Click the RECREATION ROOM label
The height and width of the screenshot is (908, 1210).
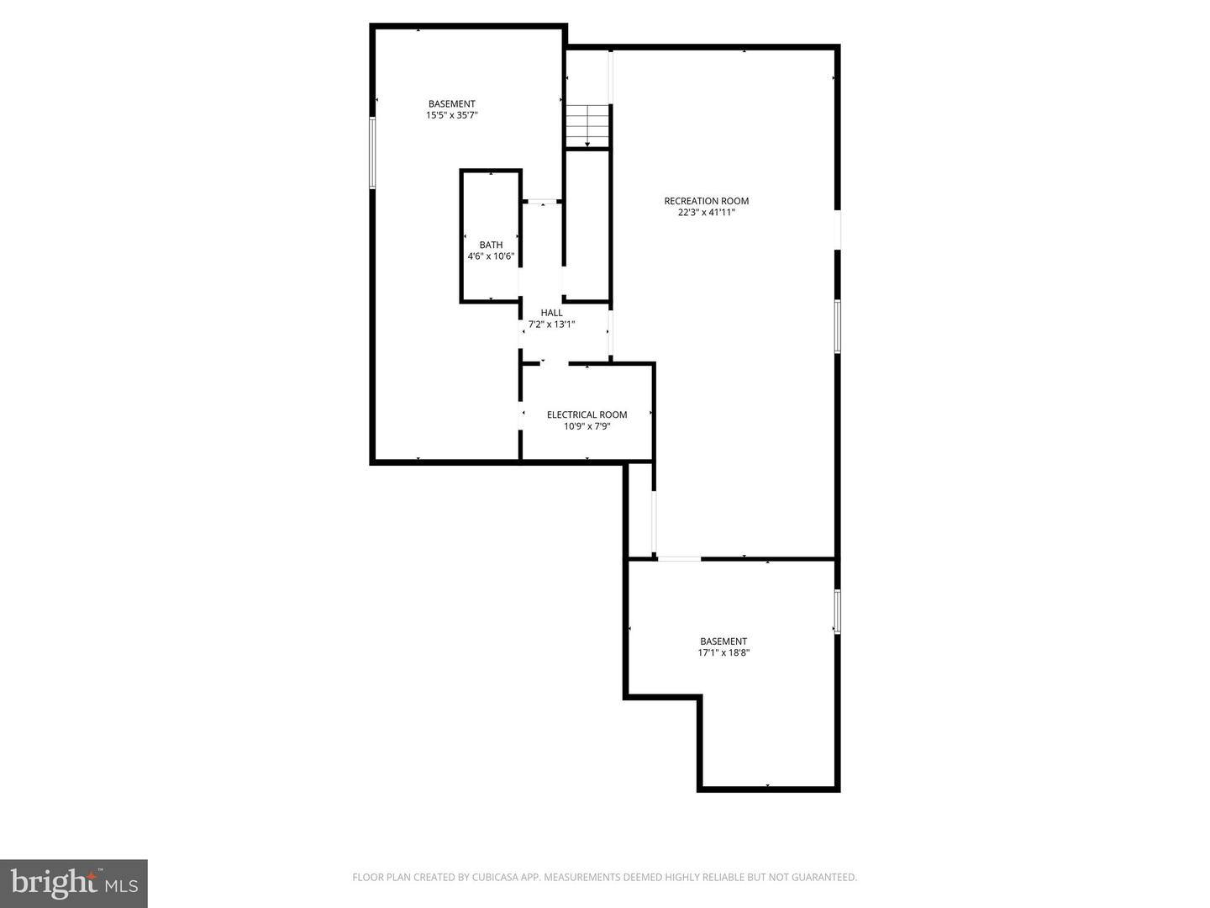tap(706, 201)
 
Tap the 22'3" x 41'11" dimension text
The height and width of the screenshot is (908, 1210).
tap(706, 213)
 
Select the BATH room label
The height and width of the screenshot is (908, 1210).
tap(491, 245)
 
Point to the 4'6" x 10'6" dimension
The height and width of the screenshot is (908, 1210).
tap(491, 256)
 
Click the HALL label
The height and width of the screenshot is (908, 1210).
tap(551, 313)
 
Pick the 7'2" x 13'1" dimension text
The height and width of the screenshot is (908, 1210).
tap(551, 325)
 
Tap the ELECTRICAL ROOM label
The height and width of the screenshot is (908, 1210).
tap(587, 414)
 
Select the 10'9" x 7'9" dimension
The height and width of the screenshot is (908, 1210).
tap(587, 426)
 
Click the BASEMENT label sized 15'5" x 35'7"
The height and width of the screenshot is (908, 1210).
tap(452, 104)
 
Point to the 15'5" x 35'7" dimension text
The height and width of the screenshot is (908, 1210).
tap(452, 116)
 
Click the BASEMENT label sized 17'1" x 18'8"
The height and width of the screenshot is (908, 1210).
tap(723, 641)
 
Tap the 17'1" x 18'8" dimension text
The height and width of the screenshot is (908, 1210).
tap(723, 653)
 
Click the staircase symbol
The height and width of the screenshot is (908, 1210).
tap(587, 124)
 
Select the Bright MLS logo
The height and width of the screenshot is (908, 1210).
tap(74, 883)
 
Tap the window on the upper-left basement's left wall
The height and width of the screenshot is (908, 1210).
tap(372, 152)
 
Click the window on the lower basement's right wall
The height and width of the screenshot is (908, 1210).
tap(837, 611)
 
